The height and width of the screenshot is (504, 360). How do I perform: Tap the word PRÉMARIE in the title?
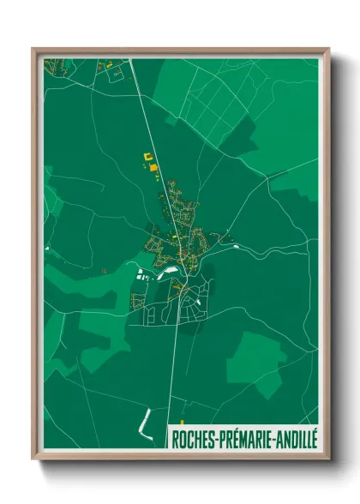(x=246, y=438)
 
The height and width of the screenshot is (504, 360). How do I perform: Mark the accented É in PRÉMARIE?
(x=234, y=438)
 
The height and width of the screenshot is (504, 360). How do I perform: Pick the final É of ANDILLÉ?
(x=314, y=438)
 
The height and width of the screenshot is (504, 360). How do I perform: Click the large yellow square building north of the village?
(x=146, y=157)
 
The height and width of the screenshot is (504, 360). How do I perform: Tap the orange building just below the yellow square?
(x=154, y=169)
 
